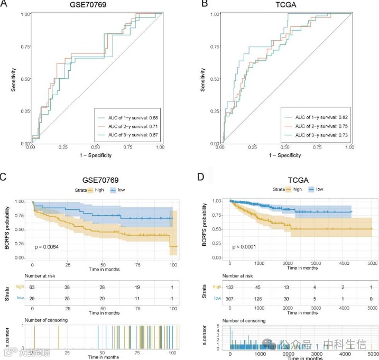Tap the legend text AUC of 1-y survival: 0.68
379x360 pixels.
[126, 117]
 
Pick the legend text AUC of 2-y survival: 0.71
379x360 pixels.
[126, 126]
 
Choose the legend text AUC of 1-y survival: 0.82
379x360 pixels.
[317, 117]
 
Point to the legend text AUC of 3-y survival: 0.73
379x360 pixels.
[317, 136]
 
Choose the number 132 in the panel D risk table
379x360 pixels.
[231, 287]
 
